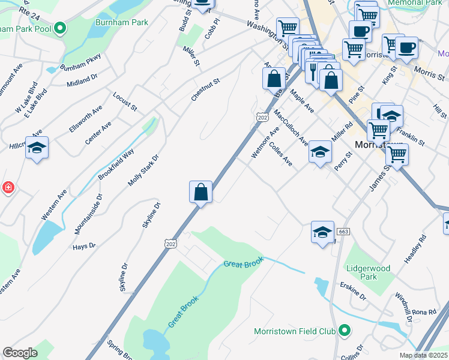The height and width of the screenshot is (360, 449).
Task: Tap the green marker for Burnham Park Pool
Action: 60,28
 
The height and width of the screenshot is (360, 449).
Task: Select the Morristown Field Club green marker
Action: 345,331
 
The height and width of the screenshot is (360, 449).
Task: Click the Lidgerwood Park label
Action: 369,272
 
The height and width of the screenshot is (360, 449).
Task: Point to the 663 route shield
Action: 343,232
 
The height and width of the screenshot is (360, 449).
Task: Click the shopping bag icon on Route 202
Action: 201,193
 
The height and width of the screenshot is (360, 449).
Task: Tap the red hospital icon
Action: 8,188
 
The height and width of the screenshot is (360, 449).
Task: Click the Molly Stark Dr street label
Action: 143,170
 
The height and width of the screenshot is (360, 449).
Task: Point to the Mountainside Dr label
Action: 98,212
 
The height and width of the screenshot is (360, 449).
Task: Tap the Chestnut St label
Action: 206,89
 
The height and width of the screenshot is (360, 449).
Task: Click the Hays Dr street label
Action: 84,246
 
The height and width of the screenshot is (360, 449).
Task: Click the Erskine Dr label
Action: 352,292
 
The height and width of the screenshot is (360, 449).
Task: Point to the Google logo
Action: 20,353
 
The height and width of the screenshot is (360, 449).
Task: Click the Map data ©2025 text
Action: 423,355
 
